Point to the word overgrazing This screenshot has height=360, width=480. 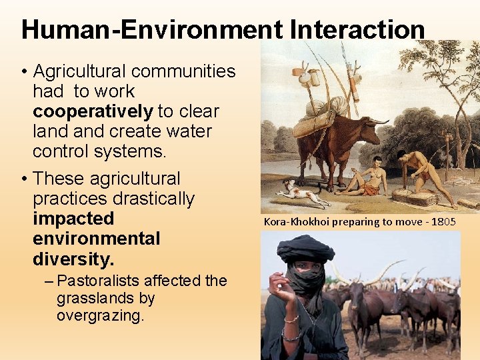pyautogui.click(x=100, y=315)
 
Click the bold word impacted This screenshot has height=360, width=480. pyautogui.click(x=73, y=219)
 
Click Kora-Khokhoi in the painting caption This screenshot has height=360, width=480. pyautogui.click(x=295, y=221)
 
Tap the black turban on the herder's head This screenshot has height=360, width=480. pyautogui.click(x=305, y=248)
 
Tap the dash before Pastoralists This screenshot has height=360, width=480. pyautogui.click(x=50, y=281)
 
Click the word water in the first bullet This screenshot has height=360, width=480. pyautogui.click(x=191, y=131)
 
